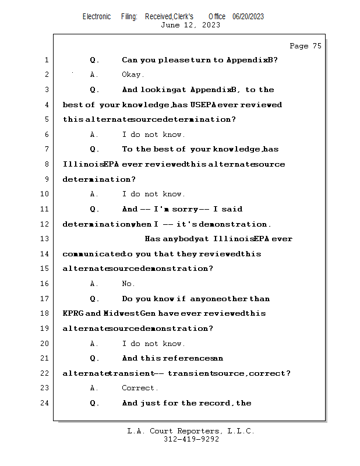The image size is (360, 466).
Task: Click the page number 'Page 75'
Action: [x=305, y=46]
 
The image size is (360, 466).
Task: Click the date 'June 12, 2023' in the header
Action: [x=190, y=25]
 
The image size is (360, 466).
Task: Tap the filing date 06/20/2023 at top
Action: [x=248, y=16]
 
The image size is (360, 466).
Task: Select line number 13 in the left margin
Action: [x=46, y=239]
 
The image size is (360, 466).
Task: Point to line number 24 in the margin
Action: [x=46, y=403]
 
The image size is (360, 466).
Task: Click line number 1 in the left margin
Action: [x=46, y=60]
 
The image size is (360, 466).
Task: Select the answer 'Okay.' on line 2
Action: [x=133, y=75]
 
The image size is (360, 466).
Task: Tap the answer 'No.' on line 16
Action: [x=128, y=284]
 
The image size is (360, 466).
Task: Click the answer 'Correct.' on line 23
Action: [x=139, y=388]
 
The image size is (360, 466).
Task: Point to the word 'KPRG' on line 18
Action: [x=74, y=313]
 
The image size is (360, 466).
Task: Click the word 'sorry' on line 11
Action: [x=185, y=209]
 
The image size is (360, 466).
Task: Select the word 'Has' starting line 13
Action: [x=153, y=239]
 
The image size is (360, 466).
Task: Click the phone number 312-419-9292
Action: [x=191, y=440]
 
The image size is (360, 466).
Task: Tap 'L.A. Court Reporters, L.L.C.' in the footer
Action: [x=191, y=432]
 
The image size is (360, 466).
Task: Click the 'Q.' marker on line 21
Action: [x=95, y=358]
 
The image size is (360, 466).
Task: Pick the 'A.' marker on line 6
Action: [x=94, y=135]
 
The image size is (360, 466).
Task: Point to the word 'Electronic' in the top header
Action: [x=97, y=16]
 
